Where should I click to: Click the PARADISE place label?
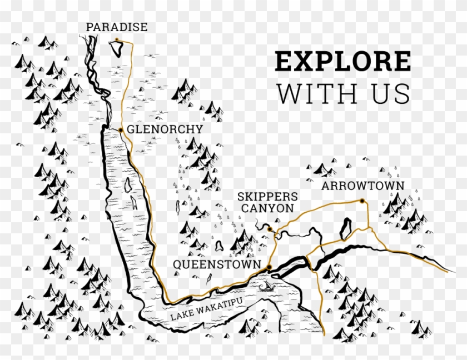pyautogui.click(x=117, y=27)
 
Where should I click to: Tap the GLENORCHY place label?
pyautogui.click(x=165, y=129)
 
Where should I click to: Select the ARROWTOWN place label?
pyautogui.click(x=362, y=186)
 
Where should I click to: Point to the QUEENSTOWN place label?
pyautogui.click(x=216, y=264)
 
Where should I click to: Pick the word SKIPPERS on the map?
pyautogui.click(x=267, y=197)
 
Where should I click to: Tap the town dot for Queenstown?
pyautogui.click(x=269, y=268)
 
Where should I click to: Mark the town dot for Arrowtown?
pyautogui.click(x=361, y=201)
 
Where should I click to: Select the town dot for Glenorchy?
pyautogui.click(x=120, y=129)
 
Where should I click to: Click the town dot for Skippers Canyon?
pyautogui.click(x=269, y=228)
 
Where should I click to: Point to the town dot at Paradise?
pyautogui.click(x=117, y=39)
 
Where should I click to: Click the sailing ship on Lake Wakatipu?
pyautogui.click(x=267, y=287)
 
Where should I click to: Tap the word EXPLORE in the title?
pyautogui.click(x=343, y=61)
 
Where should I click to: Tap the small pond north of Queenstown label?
pyautogui.click(x=218, y=245)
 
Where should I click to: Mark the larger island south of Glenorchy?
pyautogui.click(x=128, y=183)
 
